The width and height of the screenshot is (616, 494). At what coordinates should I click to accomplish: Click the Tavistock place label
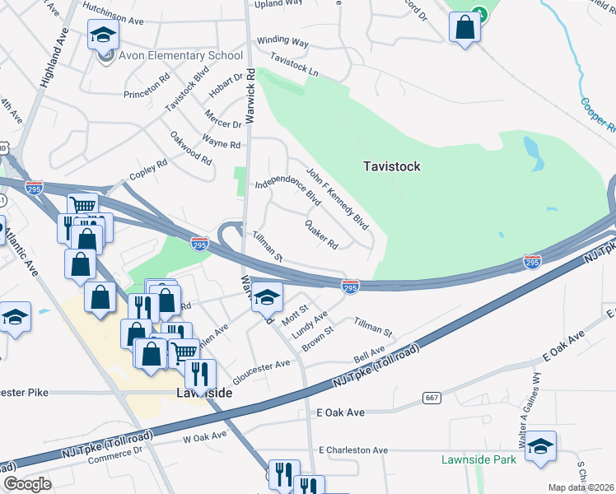(x=392, y=166)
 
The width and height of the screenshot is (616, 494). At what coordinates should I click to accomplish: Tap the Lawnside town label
(x=203, y=394)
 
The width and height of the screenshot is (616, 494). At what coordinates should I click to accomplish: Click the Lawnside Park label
(x=478, y=459)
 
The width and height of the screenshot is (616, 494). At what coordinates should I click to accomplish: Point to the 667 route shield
(x=431, y=398)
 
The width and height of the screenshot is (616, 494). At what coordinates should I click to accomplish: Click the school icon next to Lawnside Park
(x=540, y=447)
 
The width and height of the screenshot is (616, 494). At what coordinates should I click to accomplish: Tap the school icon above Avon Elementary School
(x=104, y=35)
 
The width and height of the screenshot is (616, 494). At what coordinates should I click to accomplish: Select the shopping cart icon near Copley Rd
(x=82, y=205)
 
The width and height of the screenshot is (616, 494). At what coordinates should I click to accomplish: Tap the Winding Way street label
(x=282, y=41)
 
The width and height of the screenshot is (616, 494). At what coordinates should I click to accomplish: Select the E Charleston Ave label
(x=352, y=450)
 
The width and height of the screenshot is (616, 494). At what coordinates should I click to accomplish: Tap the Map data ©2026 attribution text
(x=581, y=487)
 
